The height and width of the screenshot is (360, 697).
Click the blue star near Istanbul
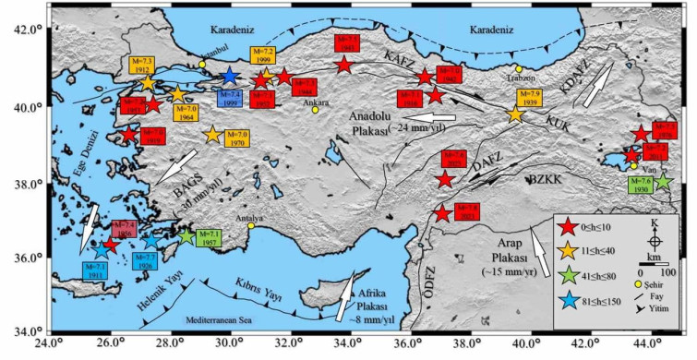point(230,76)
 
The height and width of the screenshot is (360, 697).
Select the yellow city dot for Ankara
point(316,110)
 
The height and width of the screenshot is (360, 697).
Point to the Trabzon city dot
point(520,69)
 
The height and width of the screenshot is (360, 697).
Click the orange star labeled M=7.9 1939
point(515,114)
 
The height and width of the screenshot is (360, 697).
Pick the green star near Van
point(661,183)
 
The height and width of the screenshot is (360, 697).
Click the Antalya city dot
point(250,225)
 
